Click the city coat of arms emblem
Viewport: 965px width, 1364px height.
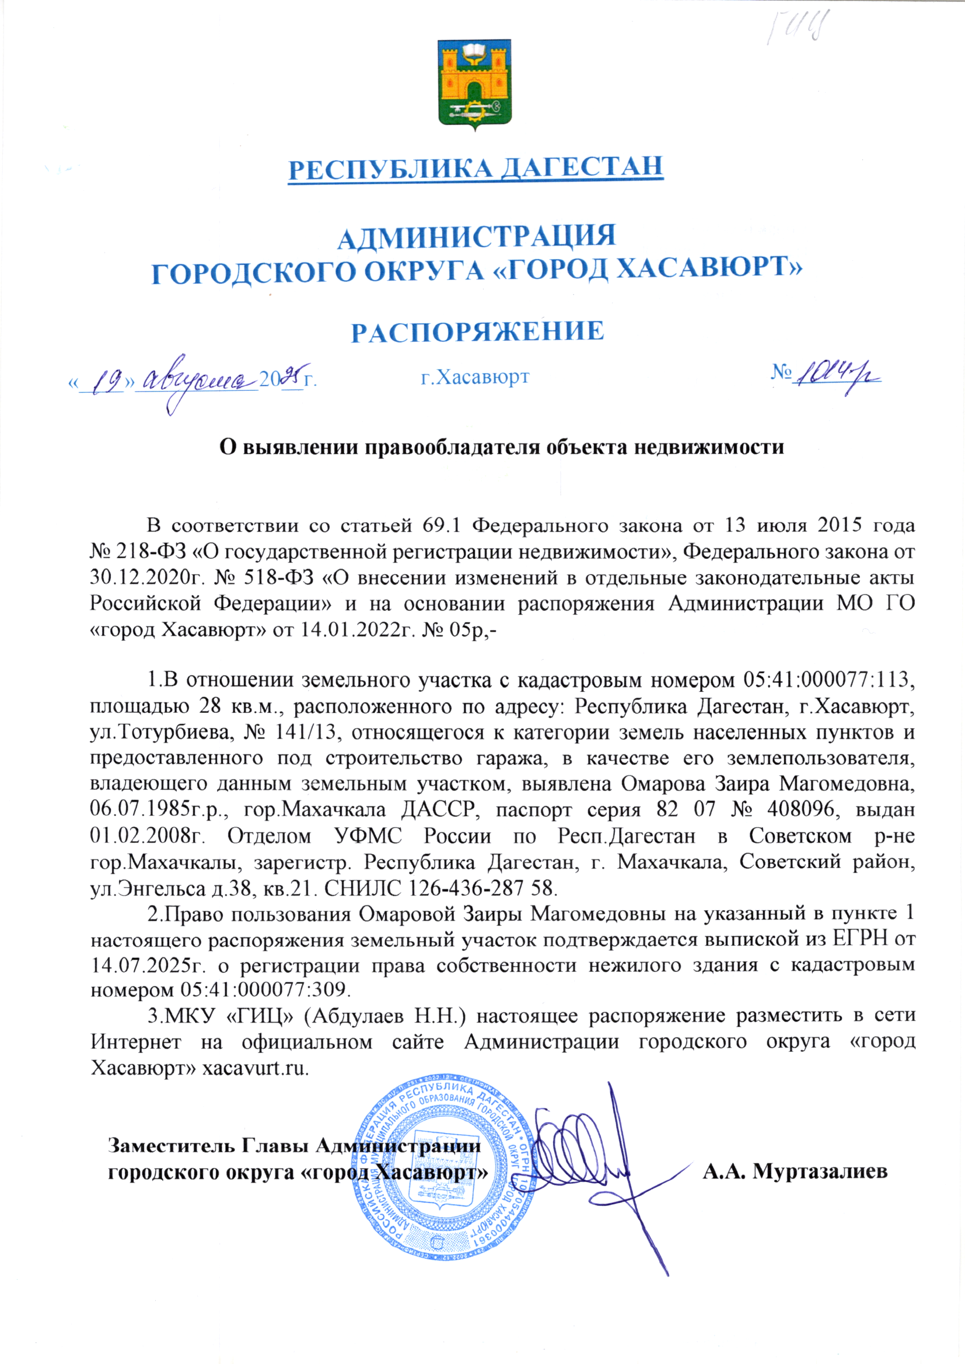(474, 86)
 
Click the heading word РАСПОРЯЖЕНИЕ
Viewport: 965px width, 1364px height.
(477, 332)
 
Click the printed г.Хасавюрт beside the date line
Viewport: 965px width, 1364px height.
(474, 377)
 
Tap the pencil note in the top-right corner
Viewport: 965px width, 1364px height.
(798, 27)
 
